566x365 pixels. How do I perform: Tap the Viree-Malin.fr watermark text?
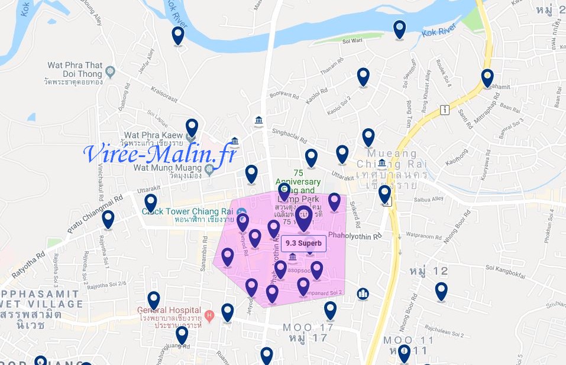click(160, 154)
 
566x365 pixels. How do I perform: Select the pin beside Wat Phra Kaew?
click(192, 128)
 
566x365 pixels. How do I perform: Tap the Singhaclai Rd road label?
click(289, 137)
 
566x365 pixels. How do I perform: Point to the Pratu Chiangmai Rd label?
click(95, 212)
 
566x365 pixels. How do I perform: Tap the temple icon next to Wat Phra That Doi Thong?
click(111, 72)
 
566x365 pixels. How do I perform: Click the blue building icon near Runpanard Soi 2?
click(363, 294)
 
